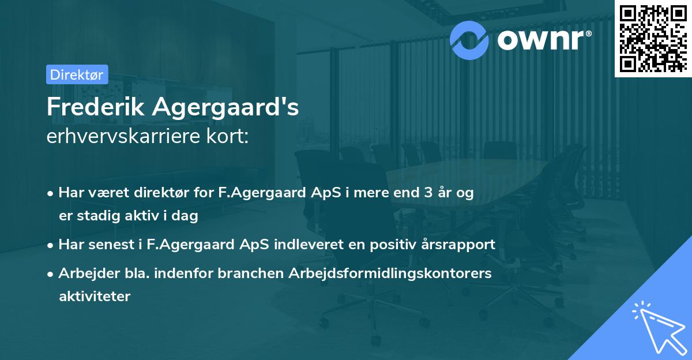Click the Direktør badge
tap(77, 74)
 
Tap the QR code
tap(652, 38)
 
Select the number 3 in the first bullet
tap(428, 193)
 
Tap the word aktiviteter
tap(95, 297)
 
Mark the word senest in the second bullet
tap(112, 245)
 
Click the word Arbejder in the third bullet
tap(84, 273)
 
